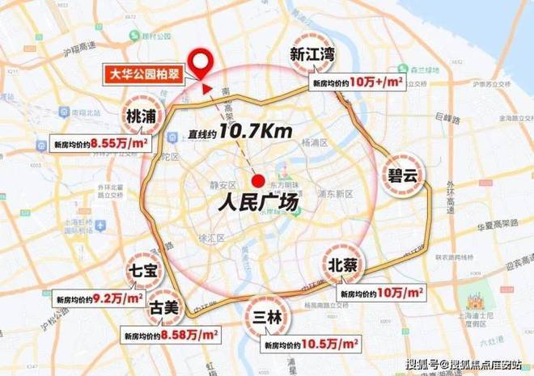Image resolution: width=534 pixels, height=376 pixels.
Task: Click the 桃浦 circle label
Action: (x=143, y=116)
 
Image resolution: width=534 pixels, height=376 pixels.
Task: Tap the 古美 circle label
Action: (x=163, y=307)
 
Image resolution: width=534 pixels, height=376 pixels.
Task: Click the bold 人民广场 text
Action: (x=256, y=202)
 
